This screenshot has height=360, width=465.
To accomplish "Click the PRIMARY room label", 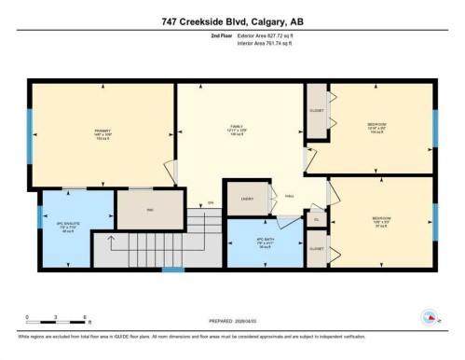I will coord(102,131).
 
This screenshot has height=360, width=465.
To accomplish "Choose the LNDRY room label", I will coord(247,198).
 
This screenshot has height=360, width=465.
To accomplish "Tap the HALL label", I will coord(290,196).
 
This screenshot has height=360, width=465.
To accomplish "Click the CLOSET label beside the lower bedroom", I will coord(317,249).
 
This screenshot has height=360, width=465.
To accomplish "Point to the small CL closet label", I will coord(317,220).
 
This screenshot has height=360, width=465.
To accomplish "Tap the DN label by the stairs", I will coord(212,202).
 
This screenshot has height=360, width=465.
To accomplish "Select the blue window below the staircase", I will coord(171,270).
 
